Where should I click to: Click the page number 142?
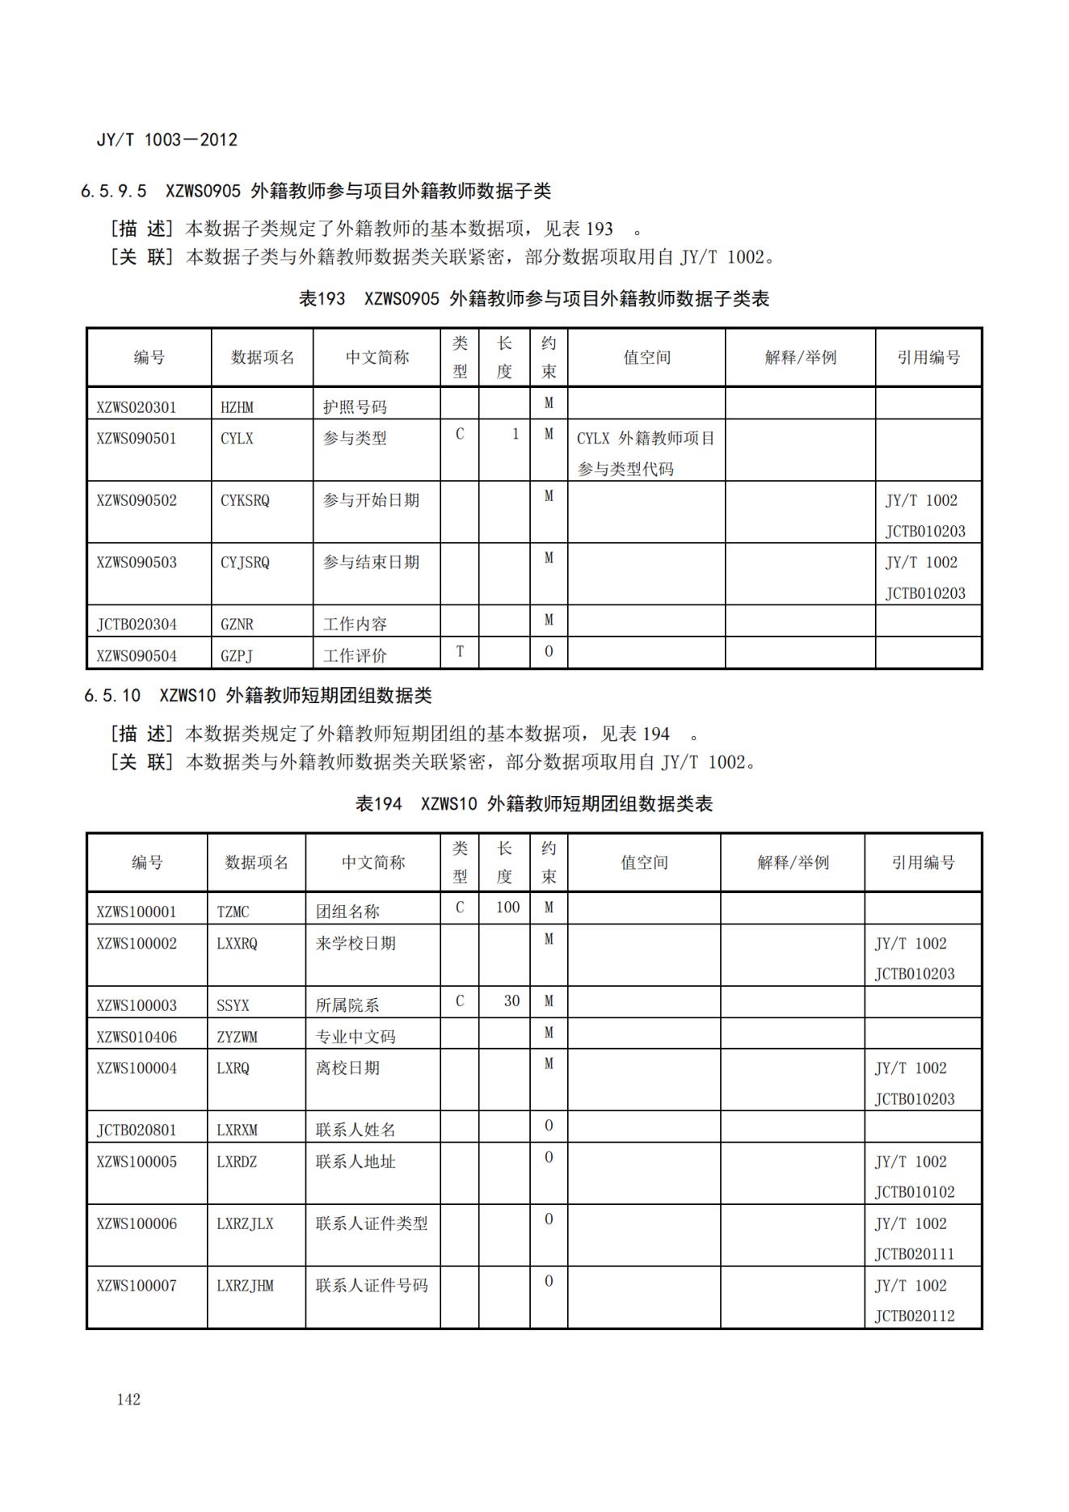[x=128, y=1399]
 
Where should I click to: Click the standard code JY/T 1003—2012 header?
[x=167, y=140]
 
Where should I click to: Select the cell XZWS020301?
[x=136, y=407]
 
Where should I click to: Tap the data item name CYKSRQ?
[x=245, y=500]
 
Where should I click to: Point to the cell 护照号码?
[x=355, y=407]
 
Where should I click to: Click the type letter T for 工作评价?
[x=460, y=651]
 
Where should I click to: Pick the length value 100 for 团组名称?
[x=507, y=908]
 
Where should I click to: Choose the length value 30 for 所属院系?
[x=511, y=1001]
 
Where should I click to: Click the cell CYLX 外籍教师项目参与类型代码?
[x=646, y=453]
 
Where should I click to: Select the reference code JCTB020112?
[x=915, y=1316]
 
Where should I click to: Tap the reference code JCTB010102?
[x=915, y=1192]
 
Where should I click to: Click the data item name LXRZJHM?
[x=245, y=1286]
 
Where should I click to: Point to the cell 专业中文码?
[x=356, y=1037]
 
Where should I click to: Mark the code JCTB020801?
[x=136, y=1130]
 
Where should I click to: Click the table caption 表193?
[x=322, y=299]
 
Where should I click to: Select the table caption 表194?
[x=378, y=804]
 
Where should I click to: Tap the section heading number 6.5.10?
[x=112, y=696]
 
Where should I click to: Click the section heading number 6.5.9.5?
[x=114, y=192]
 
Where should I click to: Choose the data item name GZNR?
[x=237, y=625]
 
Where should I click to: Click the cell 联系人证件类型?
[x=372, y=1223]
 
